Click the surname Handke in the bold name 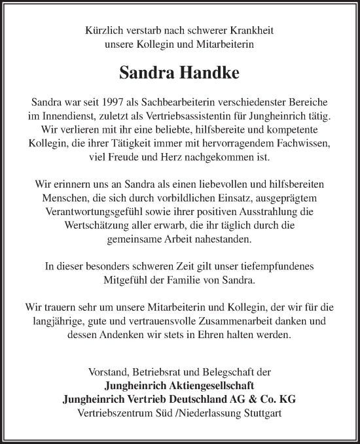209,73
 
